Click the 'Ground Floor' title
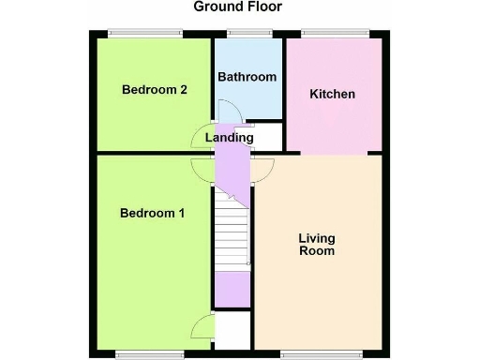pyautogui.click(x=237, y=7)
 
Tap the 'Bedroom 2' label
pyautogui.click(x=155, y=90)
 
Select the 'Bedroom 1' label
pyautogui.click(x=152, y=213)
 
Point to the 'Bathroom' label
pyautogui.click(x=247, y=77)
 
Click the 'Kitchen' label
pyautogui.click(x=333, y=94)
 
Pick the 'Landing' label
pyautogui.click(x=230, y=138)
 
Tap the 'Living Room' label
pyautogui.click(x=317, y=244)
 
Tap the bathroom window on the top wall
pyautogui.click(x=249, y=35)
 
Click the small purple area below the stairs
pyautogui.click(x=232, y=289)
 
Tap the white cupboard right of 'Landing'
pyautogui.click(x=268, y=137)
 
